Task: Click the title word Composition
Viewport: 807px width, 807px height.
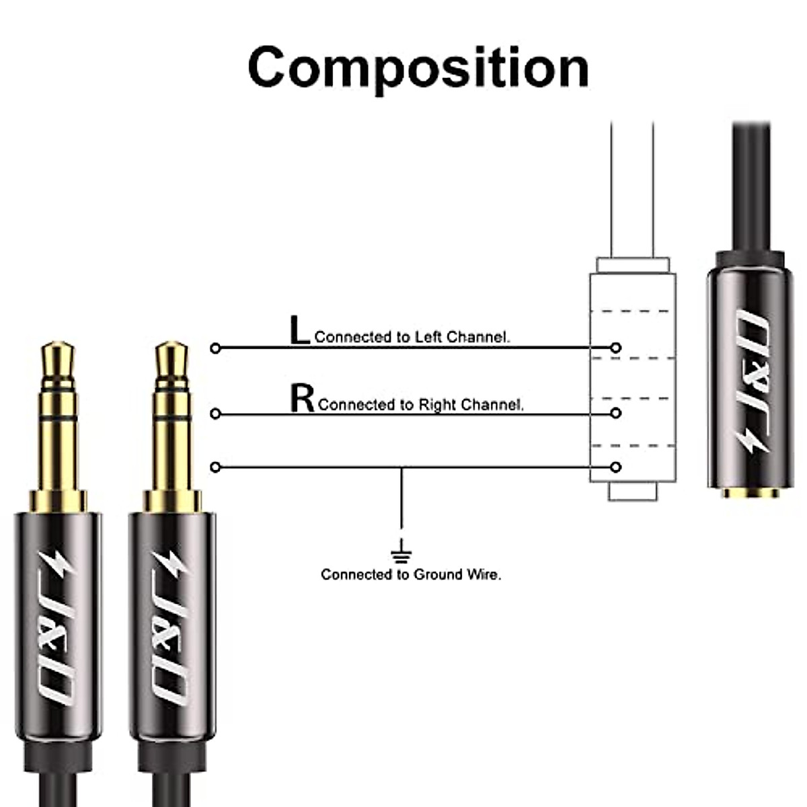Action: pos(418,69)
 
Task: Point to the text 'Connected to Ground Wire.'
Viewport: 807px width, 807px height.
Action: pos(411,574)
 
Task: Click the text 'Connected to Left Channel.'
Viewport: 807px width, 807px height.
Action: pos(412,337)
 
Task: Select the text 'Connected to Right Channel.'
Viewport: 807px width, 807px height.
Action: pos(420,404)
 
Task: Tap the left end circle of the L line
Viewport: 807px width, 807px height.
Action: pos(215,348)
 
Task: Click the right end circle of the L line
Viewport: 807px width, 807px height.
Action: pos(616,348)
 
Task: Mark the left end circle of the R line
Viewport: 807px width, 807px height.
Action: pos(215,414)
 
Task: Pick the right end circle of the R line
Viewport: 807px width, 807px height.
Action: pos(616,414)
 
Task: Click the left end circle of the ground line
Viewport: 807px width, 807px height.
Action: pos(215,467)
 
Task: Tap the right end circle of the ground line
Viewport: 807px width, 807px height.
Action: pos(616,467)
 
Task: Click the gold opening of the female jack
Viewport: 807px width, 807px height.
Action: pos(751,493)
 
